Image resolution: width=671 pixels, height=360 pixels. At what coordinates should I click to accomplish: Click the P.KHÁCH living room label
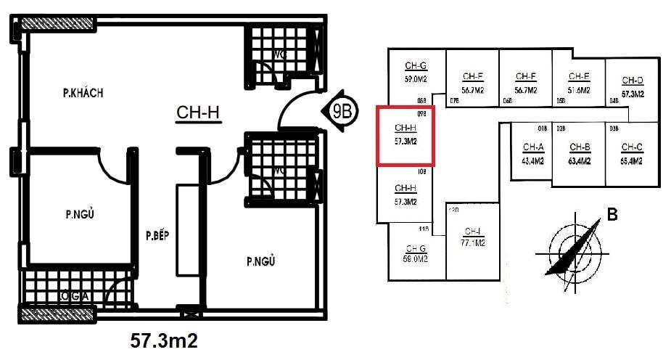pos(83,93)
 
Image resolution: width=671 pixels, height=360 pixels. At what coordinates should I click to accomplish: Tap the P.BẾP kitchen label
pos(157,236)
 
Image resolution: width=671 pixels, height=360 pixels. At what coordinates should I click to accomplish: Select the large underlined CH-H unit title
pos(198,112)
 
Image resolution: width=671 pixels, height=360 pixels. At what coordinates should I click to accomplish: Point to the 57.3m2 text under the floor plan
pos(164,340)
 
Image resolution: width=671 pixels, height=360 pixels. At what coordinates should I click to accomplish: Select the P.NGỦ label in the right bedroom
pos(262,261)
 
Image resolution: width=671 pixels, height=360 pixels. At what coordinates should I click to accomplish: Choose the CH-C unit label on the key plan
pos(632,147)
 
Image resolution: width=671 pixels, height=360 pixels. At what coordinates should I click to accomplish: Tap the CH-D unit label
pos(633,81)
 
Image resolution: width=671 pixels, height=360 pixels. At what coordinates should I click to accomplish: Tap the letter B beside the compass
pos(612,214)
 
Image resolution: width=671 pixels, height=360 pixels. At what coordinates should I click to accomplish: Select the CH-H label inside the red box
pos(405,129)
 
